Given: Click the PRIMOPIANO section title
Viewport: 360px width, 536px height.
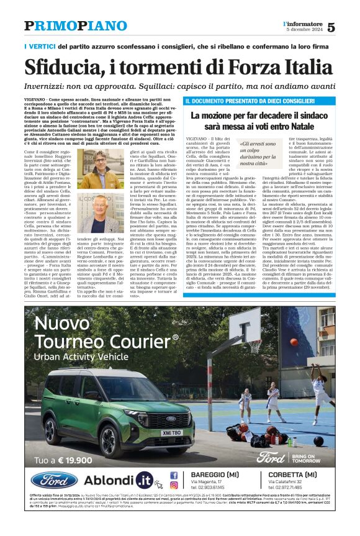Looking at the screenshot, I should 75,25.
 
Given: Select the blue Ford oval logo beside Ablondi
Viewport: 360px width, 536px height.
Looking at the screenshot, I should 55,480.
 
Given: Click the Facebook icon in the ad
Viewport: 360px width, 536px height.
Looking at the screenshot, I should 174,474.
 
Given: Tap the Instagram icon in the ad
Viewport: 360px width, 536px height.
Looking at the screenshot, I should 174,485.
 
